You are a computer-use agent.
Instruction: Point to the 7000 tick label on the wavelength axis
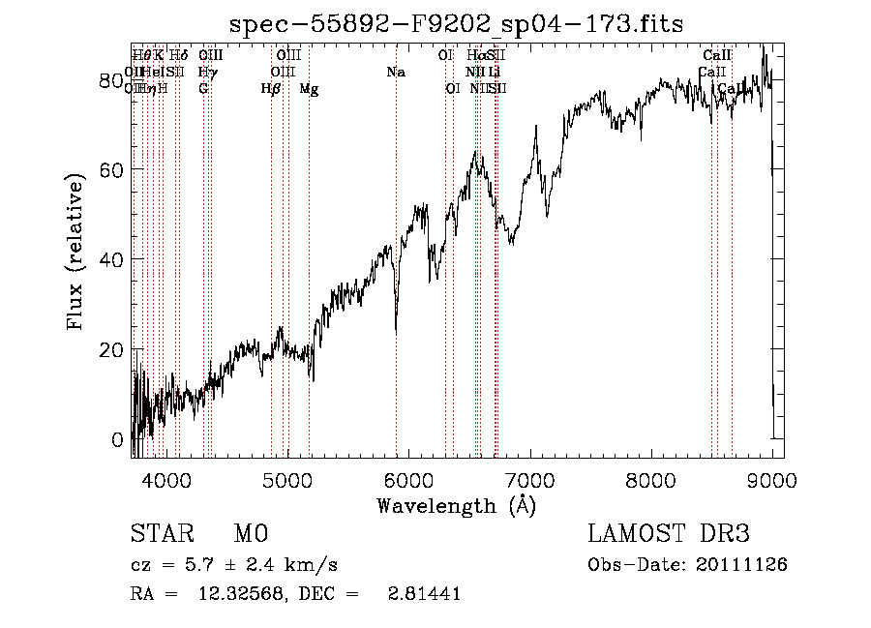(529, 480)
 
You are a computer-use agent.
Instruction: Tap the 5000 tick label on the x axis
(286, 480)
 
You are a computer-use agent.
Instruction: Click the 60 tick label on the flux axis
(113, 169)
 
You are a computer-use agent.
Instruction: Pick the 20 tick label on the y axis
(113, 349)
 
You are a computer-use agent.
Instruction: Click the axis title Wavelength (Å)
(456, 505)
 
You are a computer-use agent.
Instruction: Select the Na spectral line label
(395, 73)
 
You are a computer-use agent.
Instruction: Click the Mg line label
(309, 90)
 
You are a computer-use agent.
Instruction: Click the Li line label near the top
(494, 73)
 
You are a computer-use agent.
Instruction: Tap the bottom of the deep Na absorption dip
(396, 332)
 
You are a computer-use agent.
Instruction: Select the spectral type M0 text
(251, 534)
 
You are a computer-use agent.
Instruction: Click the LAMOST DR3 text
(668, 534)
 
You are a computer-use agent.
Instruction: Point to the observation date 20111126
(746, 565)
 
